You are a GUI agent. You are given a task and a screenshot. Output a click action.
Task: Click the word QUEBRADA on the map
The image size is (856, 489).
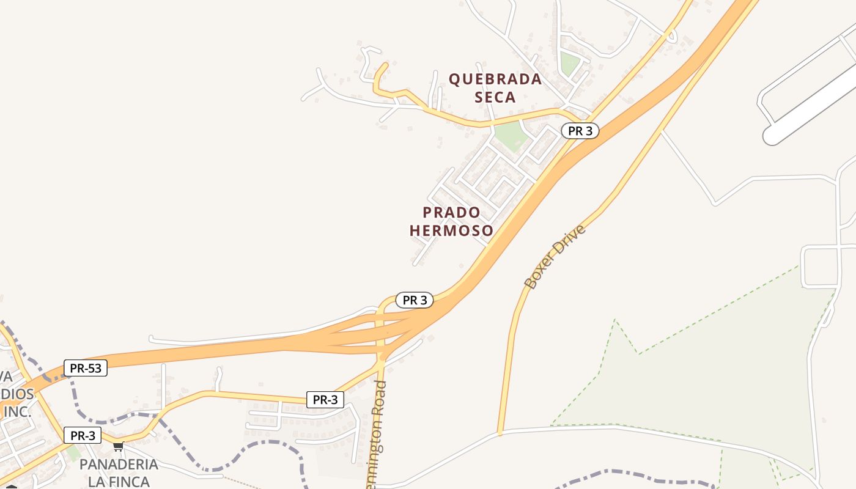click(x=495, y=79)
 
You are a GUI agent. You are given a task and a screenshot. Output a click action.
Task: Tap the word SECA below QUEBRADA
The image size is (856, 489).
click(x=495, y=97)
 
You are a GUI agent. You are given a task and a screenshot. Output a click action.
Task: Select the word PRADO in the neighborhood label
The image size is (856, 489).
click(x=452, y=213)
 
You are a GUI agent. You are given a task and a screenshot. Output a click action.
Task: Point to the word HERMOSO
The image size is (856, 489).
click(x=452, y=230)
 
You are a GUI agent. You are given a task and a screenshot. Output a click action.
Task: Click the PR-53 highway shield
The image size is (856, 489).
click(x=86, y=368)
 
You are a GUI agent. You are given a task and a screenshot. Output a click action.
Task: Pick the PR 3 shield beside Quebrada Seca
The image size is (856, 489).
click(x=580, y=131)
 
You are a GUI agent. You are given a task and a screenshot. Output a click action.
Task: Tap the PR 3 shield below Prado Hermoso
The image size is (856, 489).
click(x=415, y=300)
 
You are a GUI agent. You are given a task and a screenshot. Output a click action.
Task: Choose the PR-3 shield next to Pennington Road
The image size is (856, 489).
click(x=325, y=400)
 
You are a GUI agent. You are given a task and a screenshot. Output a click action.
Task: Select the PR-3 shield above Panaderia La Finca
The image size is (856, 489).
click(x=83, y=436)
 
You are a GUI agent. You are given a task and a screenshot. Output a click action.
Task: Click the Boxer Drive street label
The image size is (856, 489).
click(x=555, y=257)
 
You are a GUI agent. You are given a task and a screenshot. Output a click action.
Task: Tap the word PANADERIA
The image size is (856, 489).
click(x=119, y=465)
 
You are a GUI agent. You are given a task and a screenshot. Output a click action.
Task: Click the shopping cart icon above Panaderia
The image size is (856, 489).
click(x=118, y=447)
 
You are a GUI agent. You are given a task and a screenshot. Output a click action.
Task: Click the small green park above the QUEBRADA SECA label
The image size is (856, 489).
click(x=569, y=64)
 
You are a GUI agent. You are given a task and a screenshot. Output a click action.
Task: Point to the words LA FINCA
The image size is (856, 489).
click(x=119, y=481)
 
